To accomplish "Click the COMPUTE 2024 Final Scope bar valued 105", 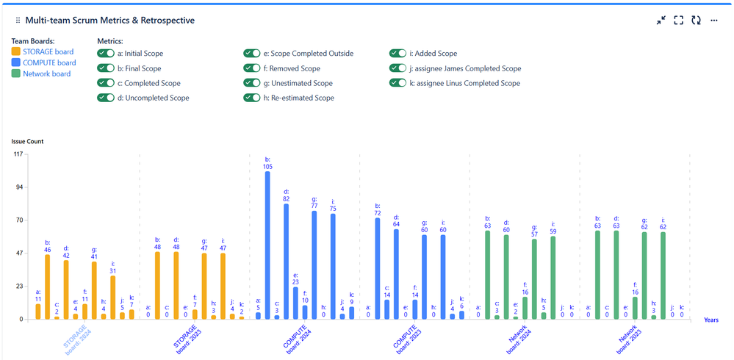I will tap(267, 245).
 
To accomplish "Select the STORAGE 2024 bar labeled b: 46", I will tap(48, 287).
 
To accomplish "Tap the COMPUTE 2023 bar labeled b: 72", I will tap(378, 268).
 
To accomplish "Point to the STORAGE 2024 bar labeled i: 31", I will tap(112, 297).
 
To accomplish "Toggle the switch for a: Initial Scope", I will tap(107, 54).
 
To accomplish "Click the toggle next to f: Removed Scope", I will tap(253, 68).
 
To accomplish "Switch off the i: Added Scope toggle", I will tap(398, 54).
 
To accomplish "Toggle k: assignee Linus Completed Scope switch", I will tap(398, 83).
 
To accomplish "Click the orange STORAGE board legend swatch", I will tap(16, 52).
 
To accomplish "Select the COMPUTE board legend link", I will tap(49, 63).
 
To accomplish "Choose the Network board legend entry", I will tap(46, 74).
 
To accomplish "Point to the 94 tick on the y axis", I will tap(19, 187).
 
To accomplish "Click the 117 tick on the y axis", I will tap(18, 154).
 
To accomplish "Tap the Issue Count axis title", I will tap(27, 141).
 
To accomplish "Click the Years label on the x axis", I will tap(710, 320).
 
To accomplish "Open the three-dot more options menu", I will tap(713, 21).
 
